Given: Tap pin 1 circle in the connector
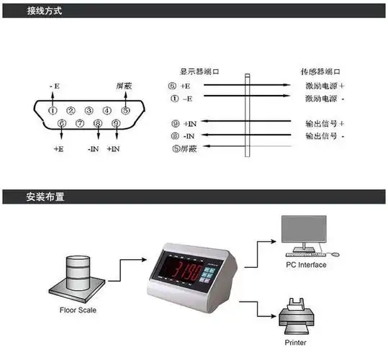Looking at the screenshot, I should click(x=53, y=110).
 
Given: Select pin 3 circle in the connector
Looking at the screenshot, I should click(x=89, y=110).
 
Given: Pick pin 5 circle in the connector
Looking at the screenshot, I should click(x=125, y=110).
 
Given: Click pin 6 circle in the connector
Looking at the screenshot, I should click(x=62, y=124).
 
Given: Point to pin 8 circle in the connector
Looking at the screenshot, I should click(x=98, y=124).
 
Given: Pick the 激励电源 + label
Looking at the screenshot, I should click(x=324, y=85).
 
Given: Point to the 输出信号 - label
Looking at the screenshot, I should click(x=324, y=135).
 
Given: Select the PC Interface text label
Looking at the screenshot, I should click(x=306, y=265).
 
